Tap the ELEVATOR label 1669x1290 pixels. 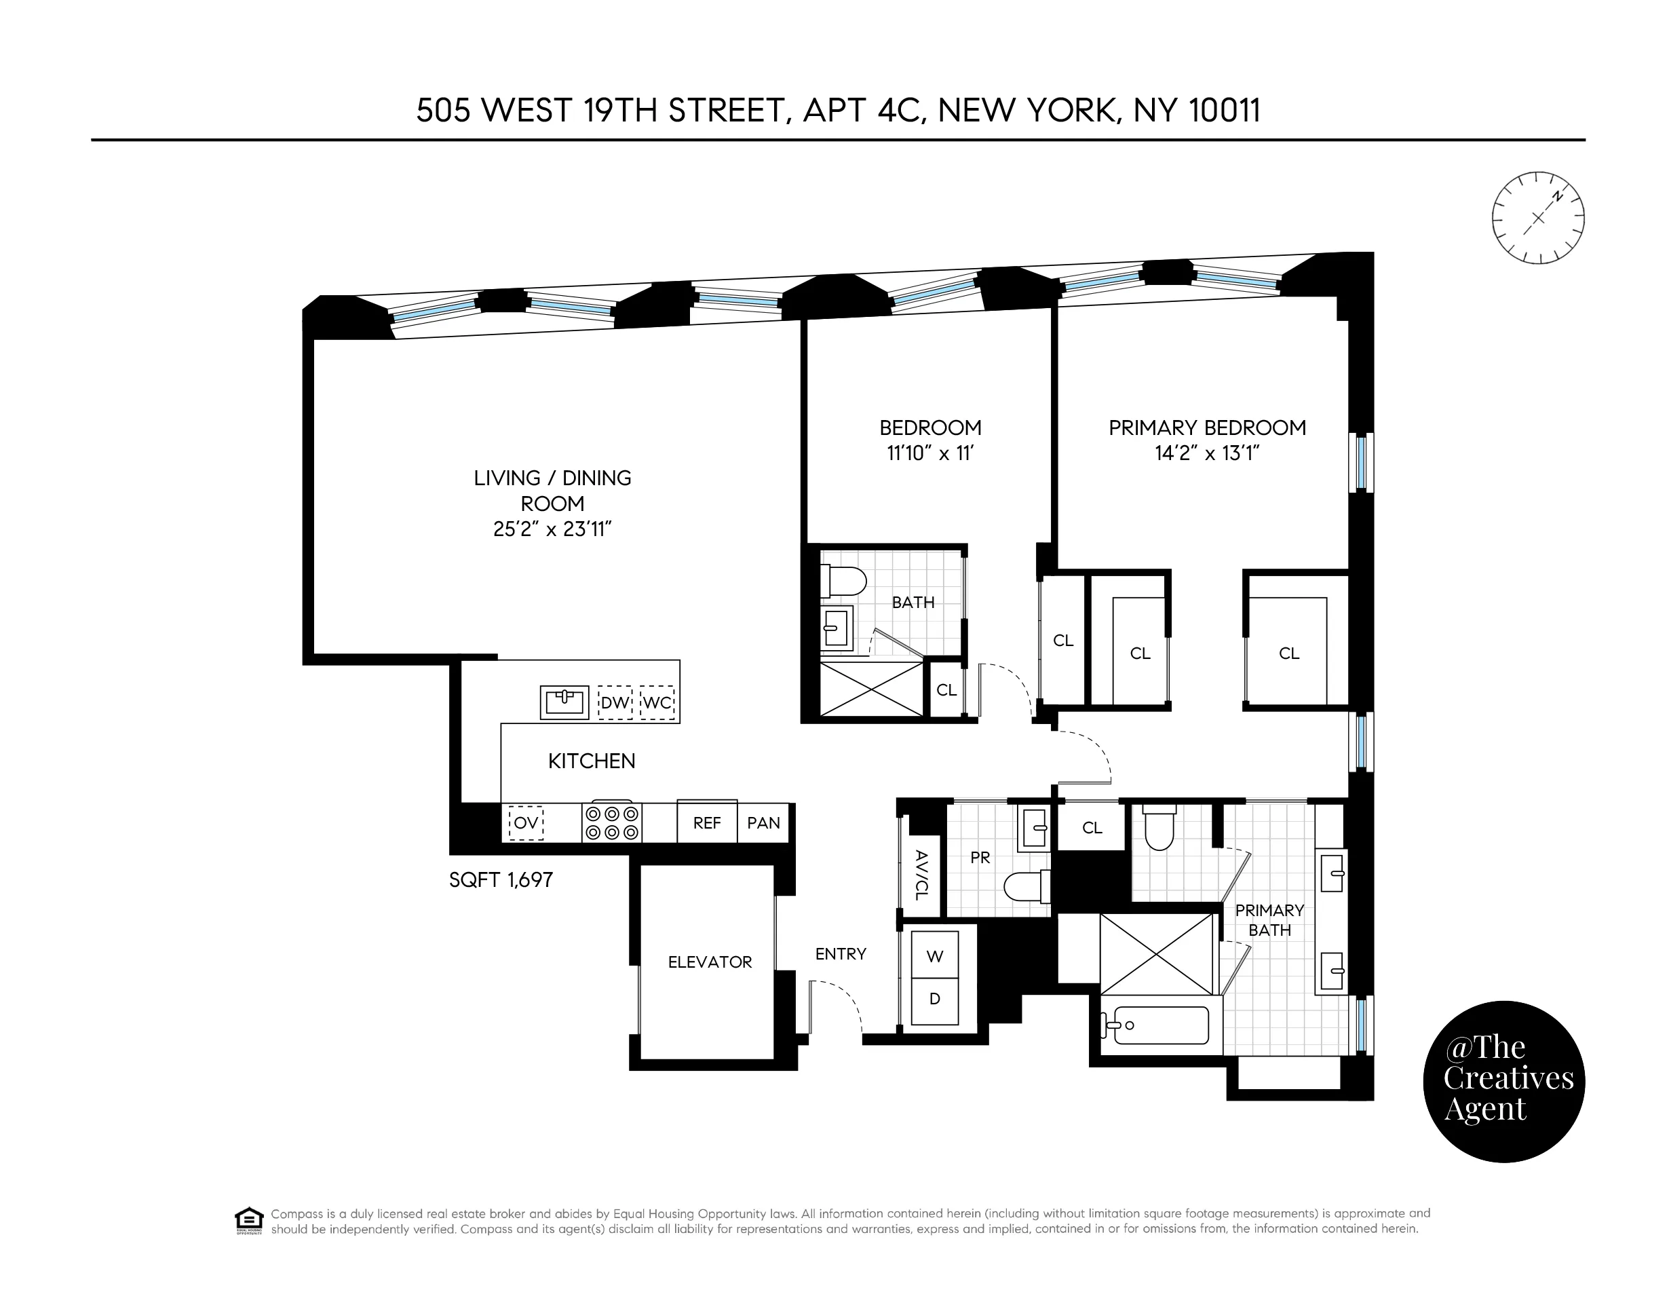tap(710, 962)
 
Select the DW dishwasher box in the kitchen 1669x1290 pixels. tap(615, 703)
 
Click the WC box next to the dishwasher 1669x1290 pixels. tap(657, 703)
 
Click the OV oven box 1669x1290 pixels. tap(526, 823)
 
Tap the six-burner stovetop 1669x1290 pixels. tap(611, 823)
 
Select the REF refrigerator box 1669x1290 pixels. tap(707, 823)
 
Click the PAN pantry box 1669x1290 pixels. tap(763, 823)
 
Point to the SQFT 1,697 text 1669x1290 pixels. tap(501, 879)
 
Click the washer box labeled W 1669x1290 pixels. tap(934, 956)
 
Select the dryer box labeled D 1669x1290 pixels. tap(934, 999)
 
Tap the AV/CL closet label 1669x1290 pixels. tap(921, 874)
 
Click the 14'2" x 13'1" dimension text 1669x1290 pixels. tap(1207, 454)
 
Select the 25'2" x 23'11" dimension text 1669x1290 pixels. tap(552, 529)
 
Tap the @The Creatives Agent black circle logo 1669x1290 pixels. tap(1504, 1082)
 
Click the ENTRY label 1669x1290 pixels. tap(841, 953)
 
